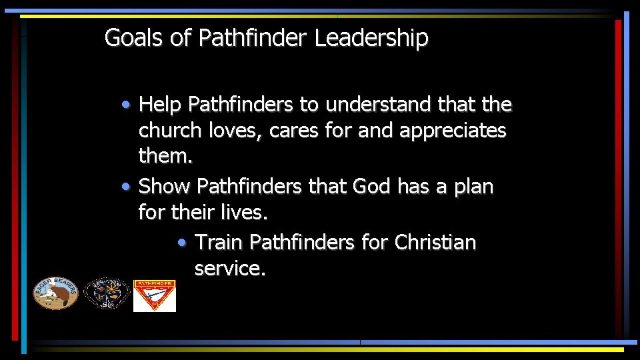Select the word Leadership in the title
coord(371,38)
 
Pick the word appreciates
coord(453,131)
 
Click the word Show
coord(165,186)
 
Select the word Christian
coord(435,242)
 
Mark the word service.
coord(230,269)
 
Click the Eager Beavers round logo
coord(56,293)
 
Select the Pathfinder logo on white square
coord(155,295)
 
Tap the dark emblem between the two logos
coord(107,293)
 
